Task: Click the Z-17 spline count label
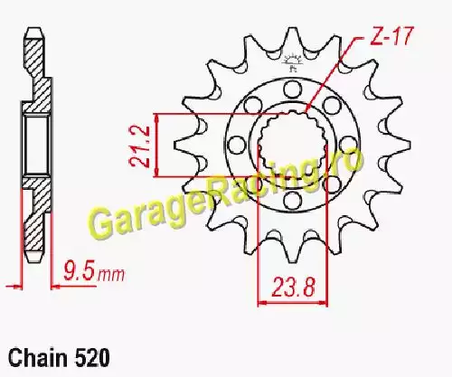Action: click(391, 36)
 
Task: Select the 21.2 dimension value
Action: click(139, 146)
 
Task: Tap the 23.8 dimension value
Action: click(293, 287)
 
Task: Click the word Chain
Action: click(38, 358)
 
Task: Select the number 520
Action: click(91, 358)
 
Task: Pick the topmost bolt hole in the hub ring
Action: click(292, 90)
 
